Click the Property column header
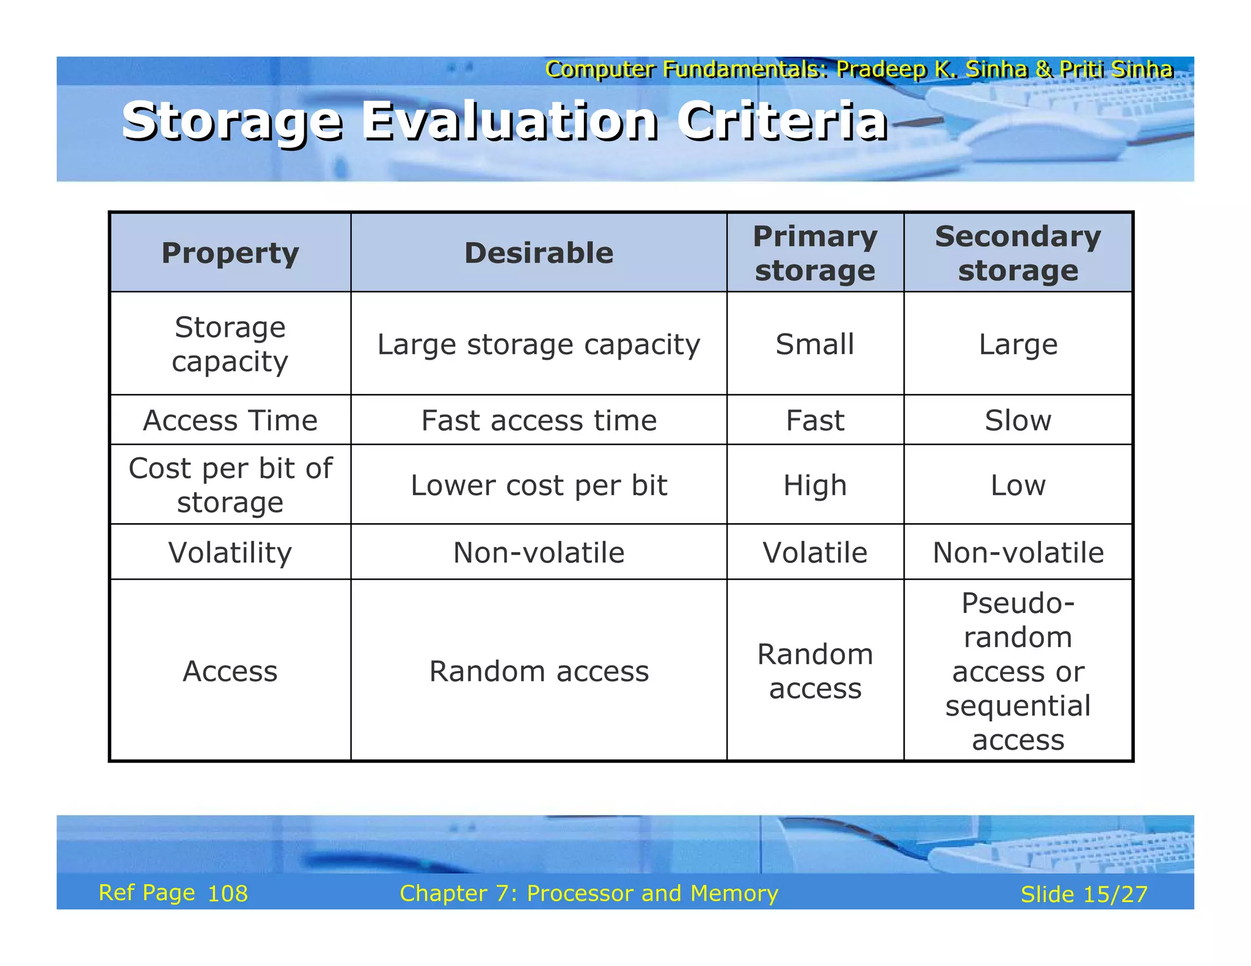pyautogui.click(x=230, y=253)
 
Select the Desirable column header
pyautogui.click(x=539, y=253)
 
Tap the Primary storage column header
pyautogui.click(x=815, y=253)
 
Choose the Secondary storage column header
pyautogui.click(x=1018, y=253)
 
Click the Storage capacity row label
pyautogui.click(x=230, y=344)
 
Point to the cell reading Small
pyautogui.click(x=815, y=344)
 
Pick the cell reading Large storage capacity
pyautogui.click(x=539, y=344)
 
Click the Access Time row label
pyautogui.click(x=230, y=421)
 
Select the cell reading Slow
pyautogui.click(x=1018, y=421)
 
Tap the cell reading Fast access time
pyautogui.click(x=539, y=421)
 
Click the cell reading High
pyautogui.click(x=815, y=485)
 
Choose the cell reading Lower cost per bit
pyautogui.click(x=539, y=485)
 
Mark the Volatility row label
pyautogui.click(x=230, y=553)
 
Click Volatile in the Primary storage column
pyautogui.click(x=815, y=553)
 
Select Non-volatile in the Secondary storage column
pyautogui.click(x=1018, y=553)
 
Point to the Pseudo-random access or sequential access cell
pyautogui.click(x=1018, y=671)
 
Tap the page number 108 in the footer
pyautogui.click(x=228, y=894)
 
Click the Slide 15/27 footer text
pyautogui.click(x=1084, y=895)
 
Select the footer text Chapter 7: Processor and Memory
pyautogui.click(x=589, y=893)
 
